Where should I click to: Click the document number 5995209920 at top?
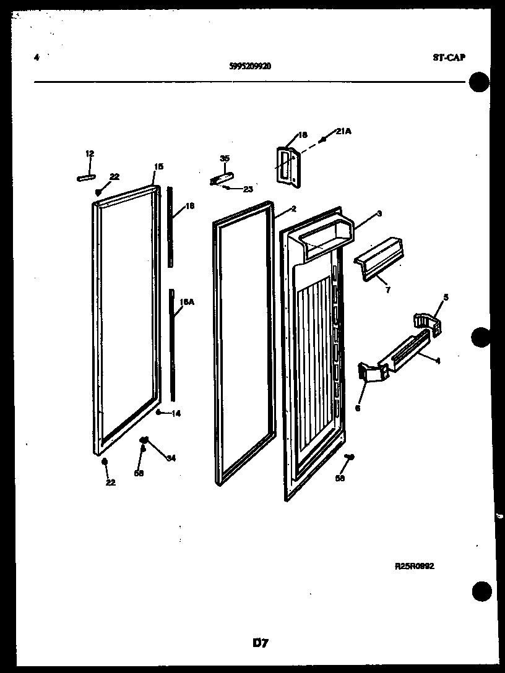pyautogui.click(x=249, y=69)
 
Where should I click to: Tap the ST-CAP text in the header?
pyautogui.click(x=449, y=58)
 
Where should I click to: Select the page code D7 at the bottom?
pyautogui.click(x=260, y=643)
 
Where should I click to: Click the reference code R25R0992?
pyautogui.click(x=414, y=565)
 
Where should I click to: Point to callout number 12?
pyautogui.click(x=90, y=153)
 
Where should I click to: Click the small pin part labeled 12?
pyautogui.click(x=86, y=178)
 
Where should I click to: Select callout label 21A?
pyautogui.click(x=344, y=131)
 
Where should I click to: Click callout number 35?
pyautogui.click(x=224, y=159)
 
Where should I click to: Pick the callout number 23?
pyautogui.click(x=248, y=190)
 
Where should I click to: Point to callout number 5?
pyautogui.click(x=446, y=298)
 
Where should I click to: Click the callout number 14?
pyautogui.click(x=176, y=414)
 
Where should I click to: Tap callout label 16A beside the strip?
pyautogui.click(x=186, y=303)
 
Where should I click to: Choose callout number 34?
pyautogui.click(x=171, y=458)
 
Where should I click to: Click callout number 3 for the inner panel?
pyautogui.click(x=379, y=214)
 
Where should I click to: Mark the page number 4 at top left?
pyautogui.click(x=37, y=58)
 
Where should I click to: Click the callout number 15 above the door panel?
pyautogui.click(x=158, y=166)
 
